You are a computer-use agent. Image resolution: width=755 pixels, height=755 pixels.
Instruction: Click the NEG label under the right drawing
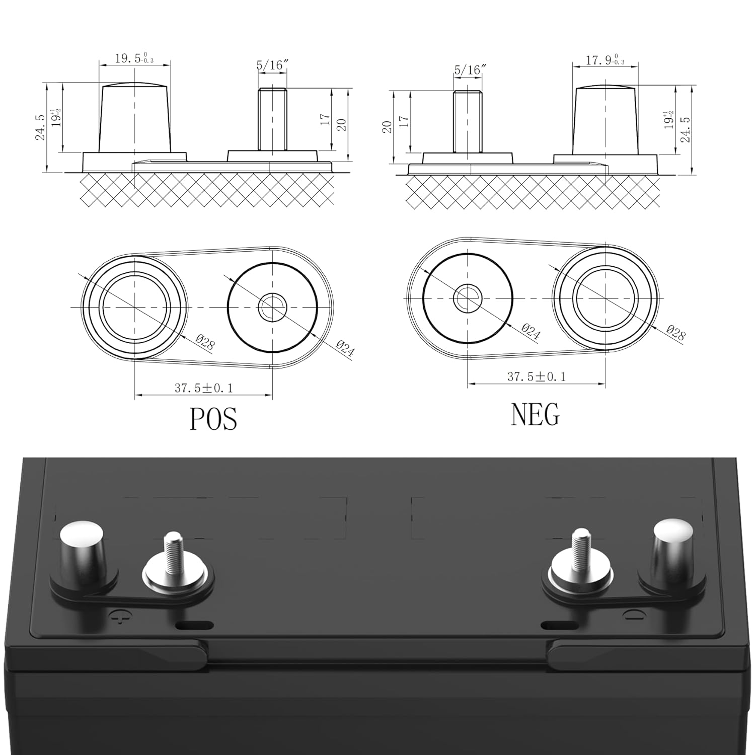(x=535, y=414)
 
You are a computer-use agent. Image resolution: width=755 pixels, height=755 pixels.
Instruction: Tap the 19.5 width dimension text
(x=134, y=58)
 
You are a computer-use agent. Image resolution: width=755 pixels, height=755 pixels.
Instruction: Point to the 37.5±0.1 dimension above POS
(x=204, y=388)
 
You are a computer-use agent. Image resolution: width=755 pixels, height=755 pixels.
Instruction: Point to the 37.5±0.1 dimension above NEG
(x=537, y=376)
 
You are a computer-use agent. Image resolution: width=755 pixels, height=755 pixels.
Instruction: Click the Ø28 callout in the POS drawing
(x=205, y=343)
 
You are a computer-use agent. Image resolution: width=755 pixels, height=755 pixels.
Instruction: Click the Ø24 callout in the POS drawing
(x=345, y=348)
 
